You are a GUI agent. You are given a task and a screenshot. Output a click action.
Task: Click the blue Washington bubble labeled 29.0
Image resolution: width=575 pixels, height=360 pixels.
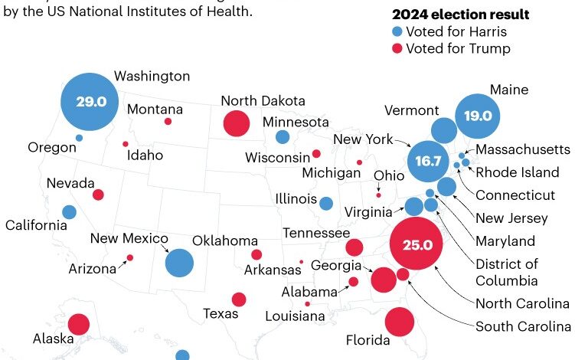90,101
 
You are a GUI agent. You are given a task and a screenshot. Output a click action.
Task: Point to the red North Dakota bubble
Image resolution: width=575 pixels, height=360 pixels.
236,123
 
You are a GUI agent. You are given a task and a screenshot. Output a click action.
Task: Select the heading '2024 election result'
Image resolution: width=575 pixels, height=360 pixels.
460,15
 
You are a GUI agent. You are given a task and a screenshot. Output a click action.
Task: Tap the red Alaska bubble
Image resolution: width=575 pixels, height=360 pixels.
78,325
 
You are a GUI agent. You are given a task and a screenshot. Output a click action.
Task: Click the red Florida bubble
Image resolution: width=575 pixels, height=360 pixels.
399,322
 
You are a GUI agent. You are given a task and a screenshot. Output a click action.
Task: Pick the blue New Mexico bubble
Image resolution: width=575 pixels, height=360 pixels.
180,263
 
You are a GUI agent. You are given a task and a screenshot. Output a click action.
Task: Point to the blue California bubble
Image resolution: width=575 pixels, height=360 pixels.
69,212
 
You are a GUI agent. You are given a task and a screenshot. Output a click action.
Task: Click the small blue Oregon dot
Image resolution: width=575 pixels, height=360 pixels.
79,138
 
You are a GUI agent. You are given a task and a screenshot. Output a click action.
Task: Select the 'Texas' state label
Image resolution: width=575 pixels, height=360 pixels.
221,313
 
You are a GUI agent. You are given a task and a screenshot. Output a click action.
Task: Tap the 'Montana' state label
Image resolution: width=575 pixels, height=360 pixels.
155,110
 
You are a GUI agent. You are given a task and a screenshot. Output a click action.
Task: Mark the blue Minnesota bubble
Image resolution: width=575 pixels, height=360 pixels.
283,138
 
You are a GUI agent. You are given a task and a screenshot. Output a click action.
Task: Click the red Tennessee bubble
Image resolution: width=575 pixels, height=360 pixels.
354,247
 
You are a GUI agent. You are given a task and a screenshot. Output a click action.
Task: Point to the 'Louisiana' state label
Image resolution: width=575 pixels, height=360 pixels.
294,316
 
